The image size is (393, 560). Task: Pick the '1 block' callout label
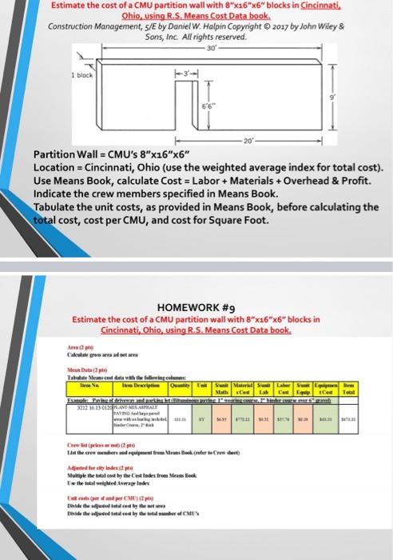click(85, 74)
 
